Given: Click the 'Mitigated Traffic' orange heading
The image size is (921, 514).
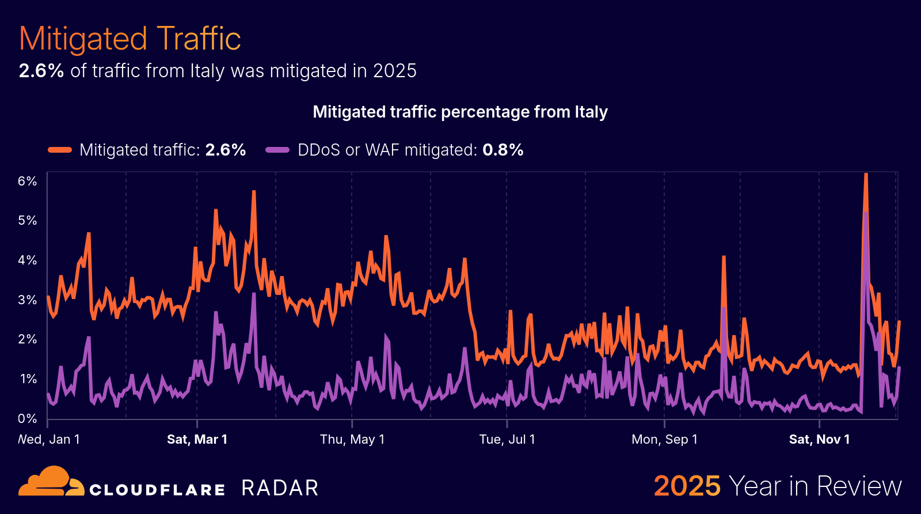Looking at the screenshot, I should pos(130,39).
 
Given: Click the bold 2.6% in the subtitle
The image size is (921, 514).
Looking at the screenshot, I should pos(41,71).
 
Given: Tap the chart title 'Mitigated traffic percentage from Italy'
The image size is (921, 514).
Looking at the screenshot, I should pos(460,112).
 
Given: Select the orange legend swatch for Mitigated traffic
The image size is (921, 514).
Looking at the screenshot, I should pos(60,150).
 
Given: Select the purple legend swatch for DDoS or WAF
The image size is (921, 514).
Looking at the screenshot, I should pos(277,150).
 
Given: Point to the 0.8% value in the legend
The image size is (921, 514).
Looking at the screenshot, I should pos(503,150).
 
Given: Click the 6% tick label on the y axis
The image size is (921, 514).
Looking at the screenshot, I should pos(27,181).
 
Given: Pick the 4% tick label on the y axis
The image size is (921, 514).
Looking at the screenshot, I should pos(27,260).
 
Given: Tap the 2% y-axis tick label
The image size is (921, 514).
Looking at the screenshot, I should pos(27,339).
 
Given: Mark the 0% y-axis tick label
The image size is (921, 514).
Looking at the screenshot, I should pos(27,418).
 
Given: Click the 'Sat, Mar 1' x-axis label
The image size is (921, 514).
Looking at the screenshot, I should pos(197,439).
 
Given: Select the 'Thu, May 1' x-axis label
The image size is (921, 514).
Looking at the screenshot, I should pos(352,439).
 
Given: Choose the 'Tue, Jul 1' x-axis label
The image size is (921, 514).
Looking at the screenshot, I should pos(507,439).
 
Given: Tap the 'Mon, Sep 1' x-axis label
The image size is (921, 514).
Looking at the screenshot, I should pos(664,439).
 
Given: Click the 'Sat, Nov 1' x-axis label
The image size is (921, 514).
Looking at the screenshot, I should pos(819,439).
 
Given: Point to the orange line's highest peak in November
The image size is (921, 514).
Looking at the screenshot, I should pos(866,175).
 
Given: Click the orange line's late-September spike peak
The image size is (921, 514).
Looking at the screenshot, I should pos(724,257).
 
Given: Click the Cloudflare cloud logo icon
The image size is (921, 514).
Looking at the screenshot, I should pos(51,482).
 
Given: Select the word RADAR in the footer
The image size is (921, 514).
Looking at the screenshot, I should pos(280,488).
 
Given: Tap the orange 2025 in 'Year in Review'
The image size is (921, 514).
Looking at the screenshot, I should pos(687,486).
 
